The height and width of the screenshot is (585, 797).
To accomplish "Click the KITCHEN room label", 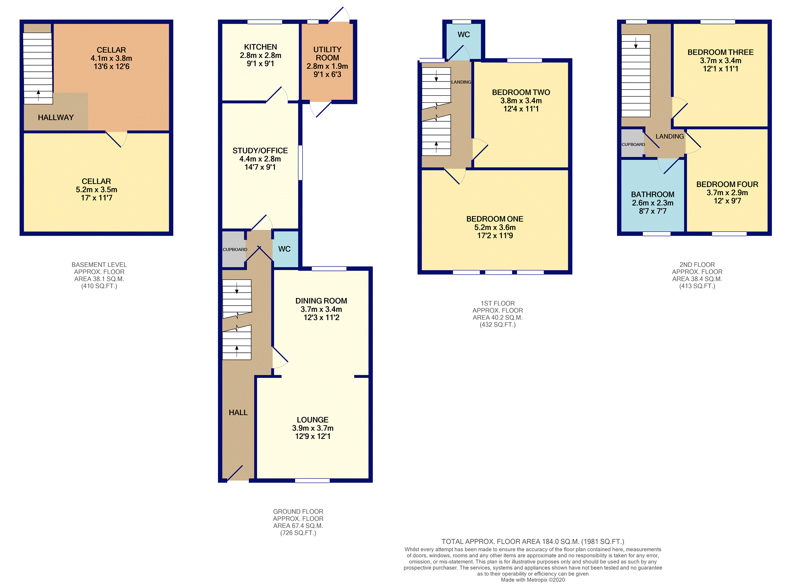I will pyautogui.click(x=260, y=47).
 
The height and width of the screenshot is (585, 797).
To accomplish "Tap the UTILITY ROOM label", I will pyautogui.click(x=327, y=54).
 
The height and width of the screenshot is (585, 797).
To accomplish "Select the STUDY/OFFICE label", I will pyautogui.click(x=260, y=151).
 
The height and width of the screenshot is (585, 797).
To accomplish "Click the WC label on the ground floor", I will pyautogui.click(x=284, y=249).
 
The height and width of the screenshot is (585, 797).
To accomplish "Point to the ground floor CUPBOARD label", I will pyautogui.click(x=235, y=250).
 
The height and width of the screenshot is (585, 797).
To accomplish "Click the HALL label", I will pyautogui.click(x=238, y=413).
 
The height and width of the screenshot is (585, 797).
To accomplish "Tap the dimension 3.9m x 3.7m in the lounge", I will pyautogui.click(x=313, y=428).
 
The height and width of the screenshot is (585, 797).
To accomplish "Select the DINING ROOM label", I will pyautogui.click(x=321, y=301).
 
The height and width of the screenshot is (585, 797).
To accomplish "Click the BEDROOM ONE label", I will pyautogui.click(x=495, y=219).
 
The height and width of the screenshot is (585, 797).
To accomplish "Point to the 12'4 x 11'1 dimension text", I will pyautogui.click(x=521, y=109).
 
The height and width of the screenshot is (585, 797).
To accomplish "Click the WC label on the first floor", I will pyautogui.click(x=464, y=35).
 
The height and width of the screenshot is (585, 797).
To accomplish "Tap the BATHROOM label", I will pyautogui.click(x=653, y=194).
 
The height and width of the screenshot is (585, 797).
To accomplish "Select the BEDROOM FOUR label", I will pyautogui.click(x=727, y=184).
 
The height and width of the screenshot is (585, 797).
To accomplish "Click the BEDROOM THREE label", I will pyautogui.click(x=720, y=52).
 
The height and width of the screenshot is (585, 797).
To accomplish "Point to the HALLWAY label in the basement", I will pyautogui.click(x=56, y=117).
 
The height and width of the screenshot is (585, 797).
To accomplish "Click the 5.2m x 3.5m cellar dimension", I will pyautogui.click(x=96, y=190).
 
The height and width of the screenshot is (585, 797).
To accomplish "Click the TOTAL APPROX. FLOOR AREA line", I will pyautogui.click(x=533, y=542).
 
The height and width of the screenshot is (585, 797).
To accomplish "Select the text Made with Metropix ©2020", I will pyautogui.click(x=533, y=580).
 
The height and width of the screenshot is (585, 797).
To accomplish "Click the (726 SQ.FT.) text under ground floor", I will pyautogui.click(x=298, y=533).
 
